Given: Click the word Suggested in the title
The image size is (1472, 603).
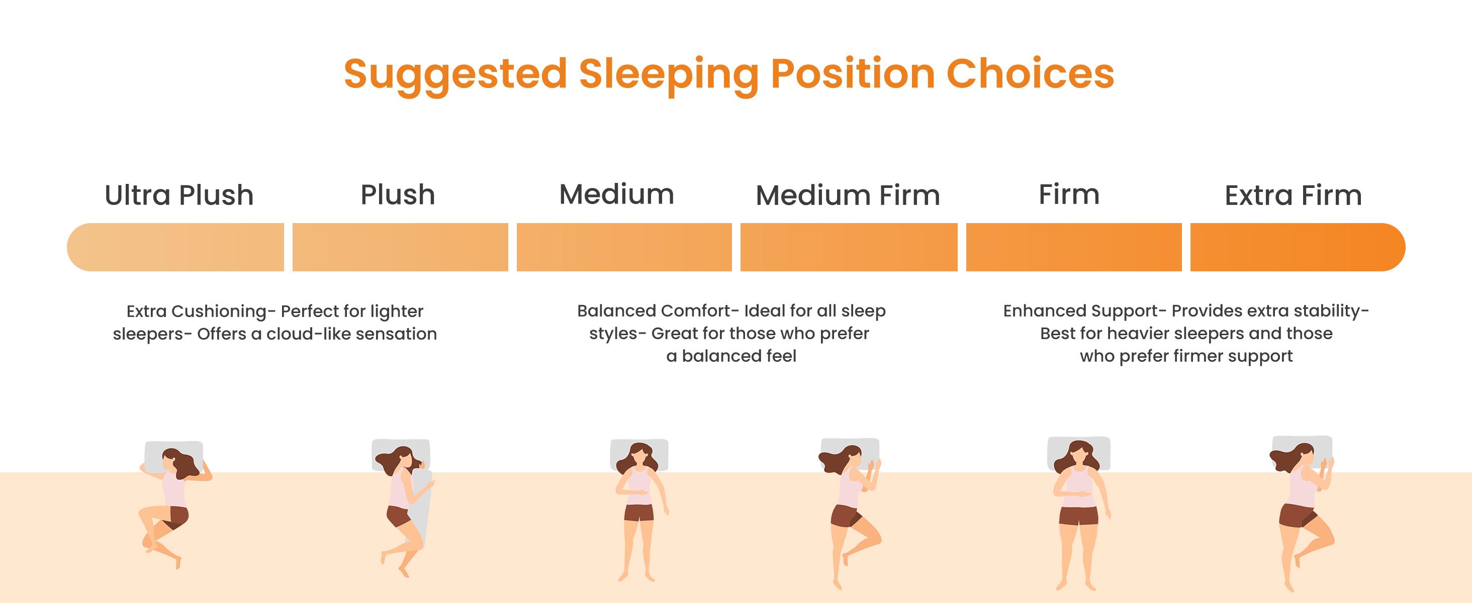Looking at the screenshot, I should click(455, 74).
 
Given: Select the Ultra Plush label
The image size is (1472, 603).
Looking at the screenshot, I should click(179, 195).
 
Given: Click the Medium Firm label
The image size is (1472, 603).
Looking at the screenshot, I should click(848, 195).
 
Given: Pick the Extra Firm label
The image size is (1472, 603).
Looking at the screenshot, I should click(1293, 195).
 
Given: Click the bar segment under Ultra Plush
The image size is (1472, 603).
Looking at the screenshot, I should click(175, 247).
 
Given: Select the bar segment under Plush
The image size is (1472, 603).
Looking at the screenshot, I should click(400, 247).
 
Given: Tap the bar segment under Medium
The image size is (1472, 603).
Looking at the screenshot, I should click(624, 247).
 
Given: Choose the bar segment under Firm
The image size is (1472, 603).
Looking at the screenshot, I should click(1074, 247).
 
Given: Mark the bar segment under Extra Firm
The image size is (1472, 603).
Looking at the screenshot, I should click(1297, 247).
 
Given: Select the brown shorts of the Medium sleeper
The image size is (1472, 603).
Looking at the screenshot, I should click(639, 513).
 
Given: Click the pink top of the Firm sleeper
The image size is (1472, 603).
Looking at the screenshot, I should click(1078, 485).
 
